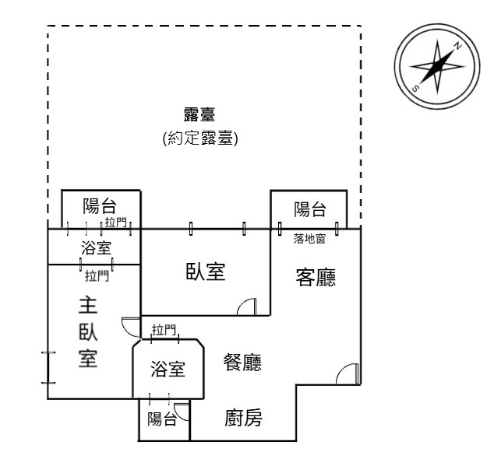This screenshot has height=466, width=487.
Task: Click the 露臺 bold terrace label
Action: point(199,114)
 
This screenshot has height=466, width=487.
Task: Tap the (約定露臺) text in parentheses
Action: point(200,138)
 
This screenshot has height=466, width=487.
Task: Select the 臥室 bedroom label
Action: point(206,272)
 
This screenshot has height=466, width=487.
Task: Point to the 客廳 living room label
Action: point(316,277)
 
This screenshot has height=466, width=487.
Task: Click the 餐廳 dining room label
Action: point(242,362)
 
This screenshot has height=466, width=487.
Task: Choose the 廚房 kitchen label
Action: point(243,418)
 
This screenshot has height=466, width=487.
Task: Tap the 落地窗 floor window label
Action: point(309,239)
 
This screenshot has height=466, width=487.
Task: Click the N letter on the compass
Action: point(457,46)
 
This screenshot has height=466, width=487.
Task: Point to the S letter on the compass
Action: point(415,89)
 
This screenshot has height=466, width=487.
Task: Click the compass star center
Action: point(437,66)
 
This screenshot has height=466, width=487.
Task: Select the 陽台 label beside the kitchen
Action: point(162,419)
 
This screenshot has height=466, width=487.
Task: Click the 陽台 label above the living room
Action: point(310,209)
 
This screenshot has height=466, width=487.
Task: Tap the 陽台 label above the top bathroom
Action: point(100,206)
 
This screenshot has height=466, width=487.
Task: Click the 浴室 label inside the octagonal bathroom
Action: point(168,369)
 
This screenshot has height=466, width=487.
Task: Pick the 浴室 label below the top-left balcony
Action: point(96,248)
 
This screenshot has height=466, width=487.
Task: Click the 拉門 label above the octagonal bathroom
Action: point(164,330)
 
